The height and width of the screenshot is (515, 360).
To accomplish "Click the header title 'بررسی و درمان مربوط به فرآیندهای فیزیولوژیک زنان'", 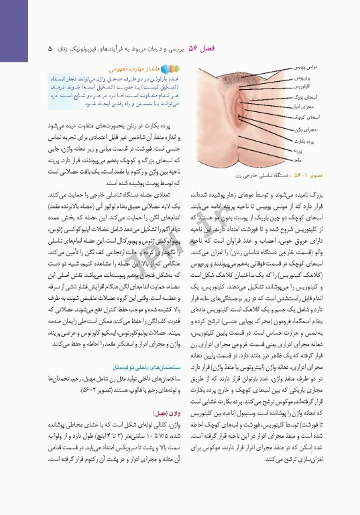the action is pos(117,49).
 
